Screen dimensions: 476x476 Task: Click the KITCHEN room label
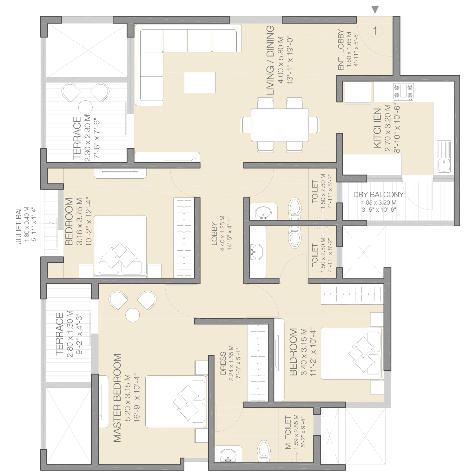(377, 128)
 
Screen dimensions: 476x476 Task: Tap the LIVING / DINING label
(270, 60)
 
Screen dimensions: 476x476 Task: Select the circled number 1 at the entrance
(375, 31)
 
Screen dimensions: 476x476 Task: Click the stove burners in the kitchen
(404, 91)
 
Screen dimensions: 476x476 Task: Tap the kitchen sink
(444, 156)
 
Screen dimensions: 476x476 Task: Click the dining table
(280, 125)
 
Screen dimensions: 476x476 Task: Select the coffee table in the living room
(200, 83)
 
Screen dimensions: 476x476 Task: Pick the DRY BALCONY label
(379, 195)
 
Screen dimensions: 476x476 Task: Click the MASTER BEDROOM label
(117, 398)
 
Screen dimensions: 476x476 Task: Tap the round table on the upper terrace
(85, 107)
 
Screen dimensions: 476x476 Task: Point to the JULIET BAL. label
(19, 224)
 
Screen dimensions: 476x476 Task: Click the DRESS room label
(223, 363)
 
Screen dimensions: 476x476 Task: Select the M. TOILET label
(288, 433)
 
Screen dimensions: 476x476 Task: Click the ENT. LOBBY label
(341, 50)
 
